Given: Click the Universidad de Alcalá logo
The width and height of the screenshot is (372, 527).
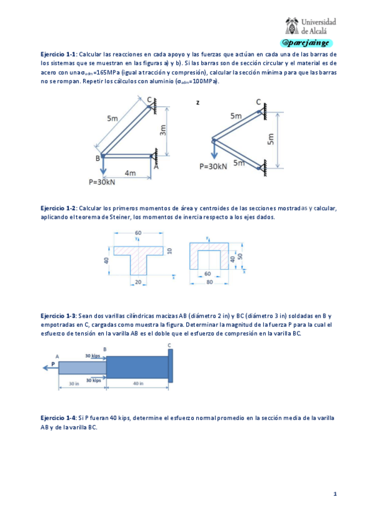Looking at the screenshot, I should point(311,25).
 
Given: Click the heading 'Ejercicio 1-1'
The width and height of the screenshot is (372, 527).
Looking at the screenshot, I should point(57,55).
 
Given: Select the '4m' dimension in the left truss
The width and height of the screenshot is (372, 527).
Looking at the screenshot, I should point(130,173).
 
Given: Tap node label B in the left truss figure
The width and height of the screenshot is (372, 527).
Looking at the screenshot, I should point(98,158).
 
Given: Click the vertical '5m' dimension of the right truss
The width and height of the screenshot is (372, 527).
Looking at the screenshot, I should point(270,139).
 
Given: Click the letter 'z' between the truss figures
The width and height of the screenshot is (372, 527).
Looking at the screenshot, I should point(197,102).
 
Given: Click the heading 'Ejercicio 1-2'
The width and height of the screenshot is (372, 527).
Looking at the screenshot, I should point(57,208).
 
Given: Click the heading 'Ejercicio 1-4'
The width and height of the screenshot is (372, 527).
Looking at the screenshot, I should point(57,418).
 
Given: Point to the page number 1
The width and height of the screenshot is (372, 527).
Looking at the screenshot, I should point(335,494).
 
